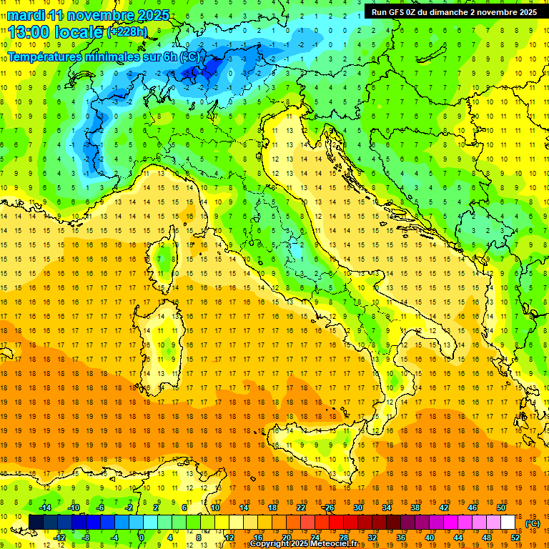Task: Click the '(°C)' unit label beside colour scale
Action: (x=533, y=523)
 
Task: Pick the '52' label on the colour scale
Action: (x=515, y=538)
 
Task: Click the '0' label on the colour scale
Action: (x=141, y=538)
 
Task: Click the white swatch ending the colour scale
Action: (x=508, y=523)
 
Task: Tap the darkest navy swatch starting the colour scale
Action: (x=36, y=523)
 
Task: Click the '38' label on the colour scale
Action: (x=415, y=508)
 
